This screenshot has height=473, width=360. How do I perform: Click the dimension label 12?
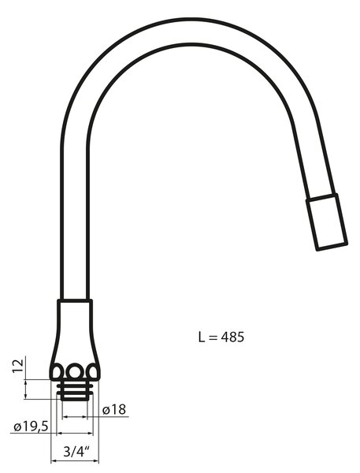point(18,366)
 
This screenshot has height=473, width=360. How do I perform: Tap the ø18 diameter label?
point(114,409)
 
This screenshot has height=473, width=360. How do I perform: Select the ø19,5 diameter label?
point(31,426)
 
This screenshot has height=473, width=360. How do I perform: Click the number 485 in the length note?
point(232,337)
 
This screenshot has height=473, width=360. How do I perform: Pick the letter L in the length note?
point(202,337)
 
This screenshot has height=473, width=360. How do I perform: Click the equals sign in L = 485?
point(213,337)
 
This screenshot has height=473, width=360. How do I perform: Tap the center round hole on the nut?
point(75,371)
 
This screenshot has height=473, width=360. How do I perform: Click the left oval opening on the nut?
point(57,371)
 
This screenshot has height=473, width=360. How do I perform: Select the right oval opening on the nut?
point(92,371)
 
